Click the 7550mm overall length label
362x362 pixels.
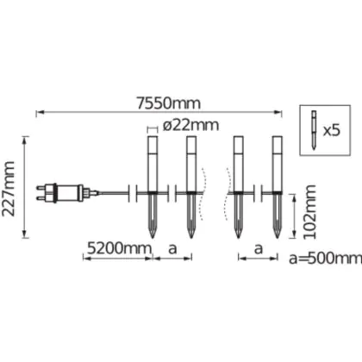(x=168, y=103)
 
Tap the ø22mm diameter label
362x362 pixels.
(x=190, y=125)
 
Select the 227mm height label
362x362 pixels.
(x=9, y=189)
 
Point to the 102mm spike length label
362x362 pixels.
(x=309, y=212)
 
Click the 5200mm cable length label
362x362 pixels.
(x=119, y=248)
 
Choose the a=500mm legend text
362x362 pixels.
(x=325, y=259)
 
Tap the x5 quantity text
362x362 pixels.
(x=332, y=131)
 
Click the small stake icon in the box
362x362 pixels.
(x=314, y=129)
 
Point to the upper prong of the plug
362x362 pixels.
(x=41, y=188)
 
